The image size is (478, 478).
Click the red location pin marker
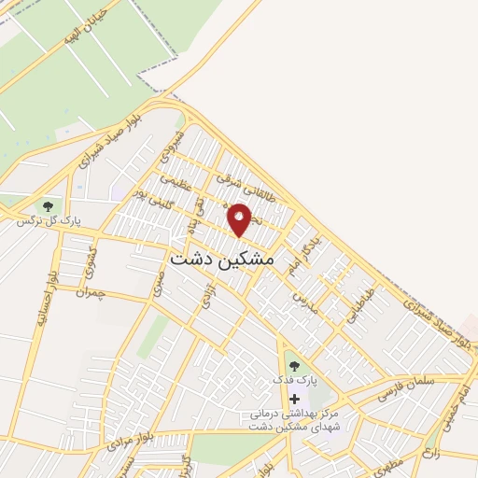point(240,220)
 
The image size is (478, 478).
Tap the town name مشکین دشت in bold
point(223,259)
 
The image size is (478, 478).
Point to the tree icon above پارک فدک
point(295,366)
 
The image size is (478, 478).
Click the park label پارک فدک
point(295,381)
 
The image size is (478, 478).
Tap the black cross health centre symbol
point(295,399)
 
